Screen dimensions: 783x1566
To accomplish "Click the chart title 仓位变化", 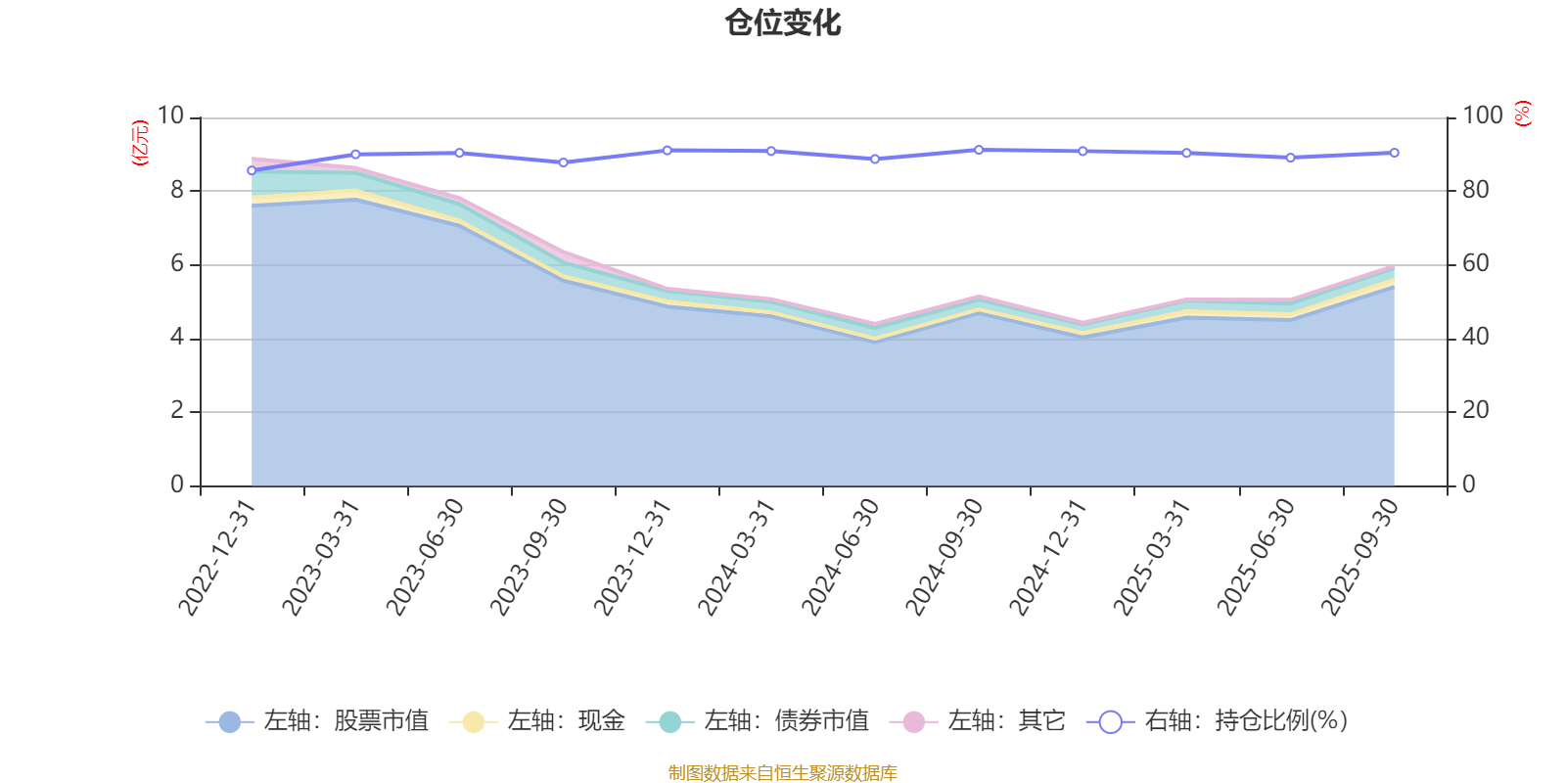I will (x=783, y=23).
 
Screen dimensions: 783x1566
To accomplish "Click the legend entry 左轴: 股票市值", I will (x=317, y=721).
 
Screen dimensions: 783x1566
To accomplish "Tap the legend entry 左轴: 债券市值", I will (x=758, y=721).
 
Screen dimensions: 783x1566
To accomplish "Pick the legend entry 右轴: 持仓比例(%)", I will (x=1218, y=721).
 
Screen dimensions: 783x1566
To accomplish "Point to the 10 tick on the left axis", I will (x=170, y=115).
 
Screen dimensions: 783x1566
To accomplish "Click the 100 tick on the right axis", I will (x=1483, y=115).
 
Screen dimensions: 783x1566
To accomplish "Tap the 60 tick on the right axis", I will (x=1476, y=263).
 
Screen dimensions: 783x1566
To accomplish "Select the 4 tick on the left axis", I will (x=177, y=337).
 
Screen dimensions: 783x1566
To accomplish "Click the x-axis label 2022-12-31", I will (x=217, y=558).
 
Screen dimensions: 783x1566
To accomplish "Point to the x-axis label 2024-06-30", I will (x=842, y=558).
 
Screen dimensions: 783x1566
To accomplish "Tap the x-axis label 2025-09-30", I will (x=1360, y=558).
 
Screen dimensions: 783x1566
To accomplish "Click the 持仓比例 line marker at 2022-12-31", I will (x=252, y=170).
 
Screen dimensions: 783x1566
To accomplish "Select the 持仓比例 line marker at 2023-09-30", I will (x=563, y=162).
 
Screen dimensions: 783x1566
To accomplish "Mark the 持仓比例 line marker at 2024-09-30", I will (x=979, y=150).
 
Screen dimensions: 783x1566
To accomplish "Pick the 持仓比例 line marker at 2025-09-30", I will (x=1394, y=153).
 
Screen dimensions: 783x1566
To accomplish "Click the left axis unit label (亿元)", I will (x=140, y=143).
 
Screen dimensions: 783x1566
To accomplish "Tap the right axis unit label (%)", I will (x=1522, y=114).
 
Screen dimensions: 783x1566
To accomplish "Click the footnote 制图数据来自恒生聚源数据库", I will (x=783, y=773).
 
